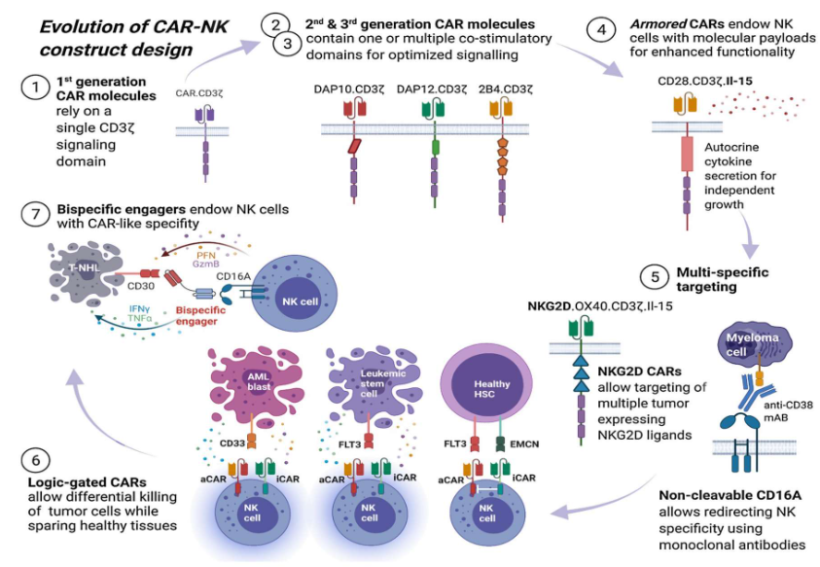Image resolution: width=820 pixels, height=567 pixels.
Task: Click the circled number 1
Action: tap(35, 90)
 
